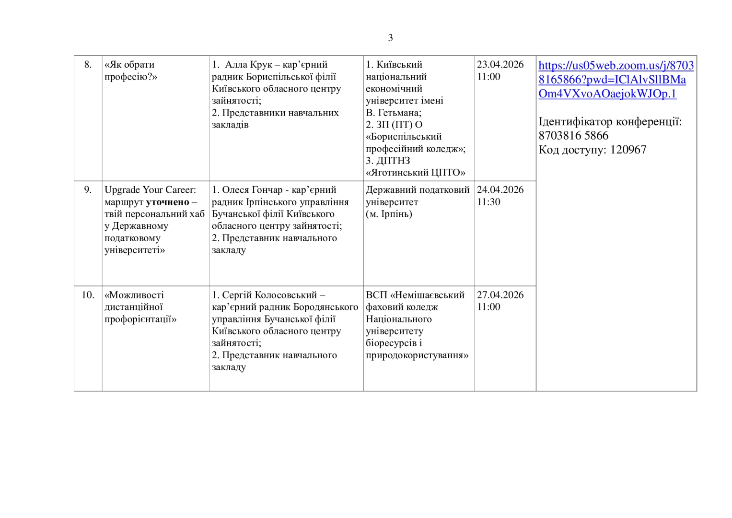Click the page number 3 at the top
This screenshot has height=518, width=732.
point(390,38)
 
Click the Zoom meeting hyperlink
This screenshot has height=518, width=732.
point(616,80)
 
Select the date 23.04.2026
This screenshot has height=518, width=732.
point(500,65)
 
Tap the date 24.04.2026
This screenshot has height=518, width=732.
point(500,190)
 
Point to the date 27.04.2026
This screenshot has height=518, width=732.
point(500,295)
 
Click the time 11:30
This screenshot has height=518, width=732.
point(488,202)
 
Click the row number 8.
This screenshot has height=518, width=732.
point(88,65)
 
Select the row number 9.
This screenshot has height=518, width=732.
point(88,190)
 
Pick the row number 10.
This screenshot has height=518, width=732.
point(88,295)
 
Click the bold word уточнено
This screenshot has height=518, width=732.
point(167,202)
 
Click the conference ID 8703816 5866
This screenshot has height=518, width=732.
point(573,136)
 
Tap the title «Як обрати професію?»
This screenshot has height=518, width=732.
point(130,71)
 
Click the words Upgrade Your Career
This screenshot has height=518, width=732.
point(149,190)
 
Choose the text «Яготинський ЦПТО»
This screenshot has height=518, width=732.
point(415,173)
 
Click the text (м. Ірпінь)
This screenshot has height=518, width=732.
point(389,214)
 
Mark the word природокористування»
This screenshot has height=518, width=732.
point(417,355)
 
